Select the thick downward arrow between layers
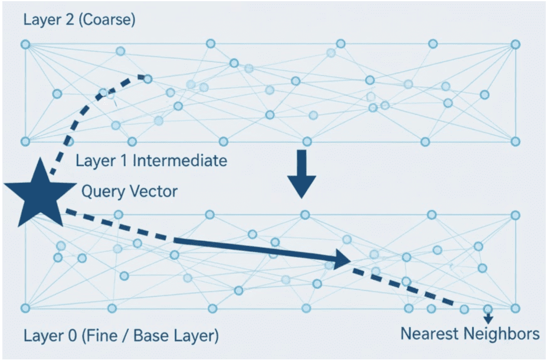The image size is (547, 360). coord(302,174)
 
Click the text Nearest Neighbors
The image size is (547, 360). coord(470,334)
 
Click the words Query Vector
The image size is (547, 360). coord(129,191)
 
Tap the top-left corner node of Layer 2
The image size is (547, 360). coord(25,44)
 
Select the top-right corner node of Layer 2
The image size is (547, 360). coord(515,44)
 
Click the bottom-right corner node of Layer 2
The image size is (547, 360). coord(515,142)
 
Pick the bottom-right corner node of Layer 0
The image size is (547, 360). coord(515,308)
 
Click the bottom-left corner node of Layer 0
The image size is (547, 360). coord(25,308)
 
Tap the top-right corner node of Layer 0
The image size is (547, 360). coord(515,215)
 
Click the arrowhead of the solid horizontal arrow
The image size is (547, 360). coord(342,258)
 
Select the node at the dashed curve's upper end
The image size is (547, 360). coord(148,78)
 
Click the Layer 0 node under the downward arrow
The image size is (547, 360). coord(304,215)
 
